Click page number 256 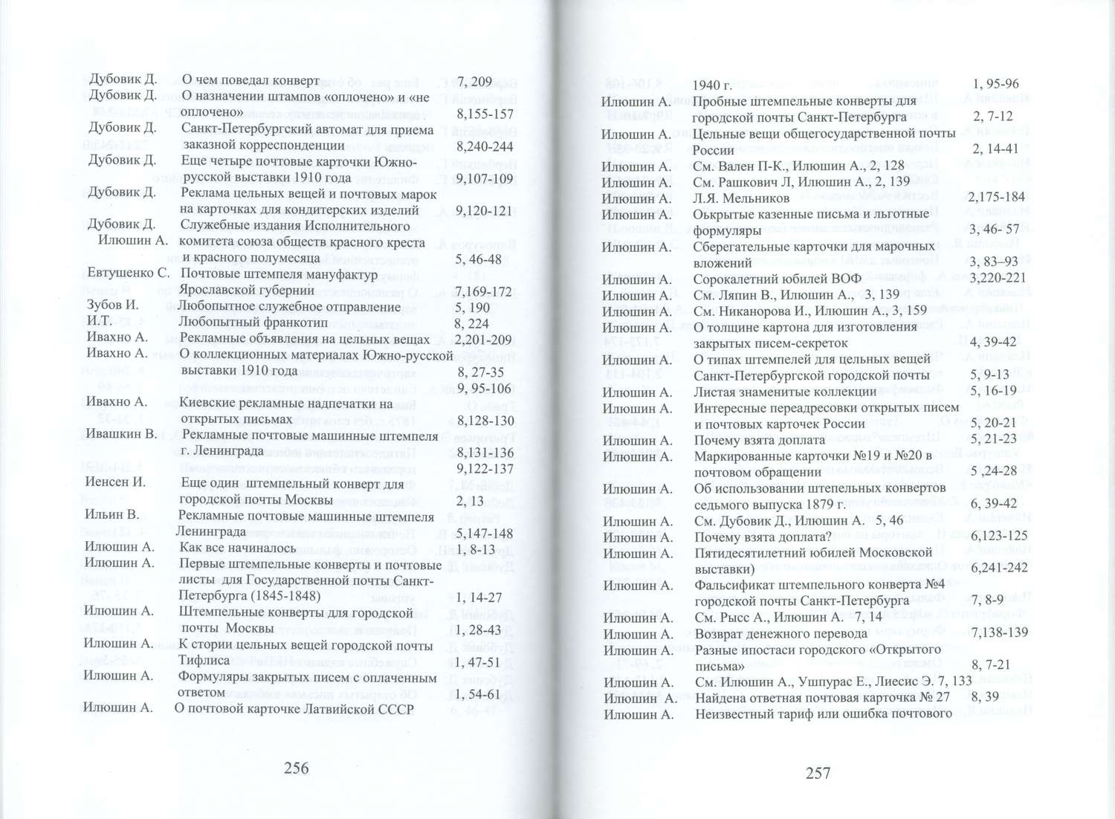click(296, 768)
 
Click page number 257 click(818, 773)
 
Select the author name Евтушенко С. click(128, 273)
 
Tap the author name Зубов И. click(112, 305)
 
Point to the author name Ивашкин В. click(121, 433)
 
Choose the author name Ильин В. click(112, 514)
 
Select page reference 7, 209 click(474, 82)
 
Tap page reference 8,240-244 click(485, 146)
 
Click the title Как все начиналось click(238, 548)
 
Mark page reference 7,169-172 click(483, 291)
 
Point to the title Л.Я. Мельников click(741, 198)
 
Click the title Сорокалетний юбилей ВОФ click(777, 279)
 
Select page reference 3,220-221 click(998, 278)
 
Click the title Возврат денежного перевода click(780, 634)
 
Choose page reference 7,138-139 click(1000, 632)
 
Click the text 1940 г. click(713, 85)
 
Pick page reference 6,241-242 click(999, 568)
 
